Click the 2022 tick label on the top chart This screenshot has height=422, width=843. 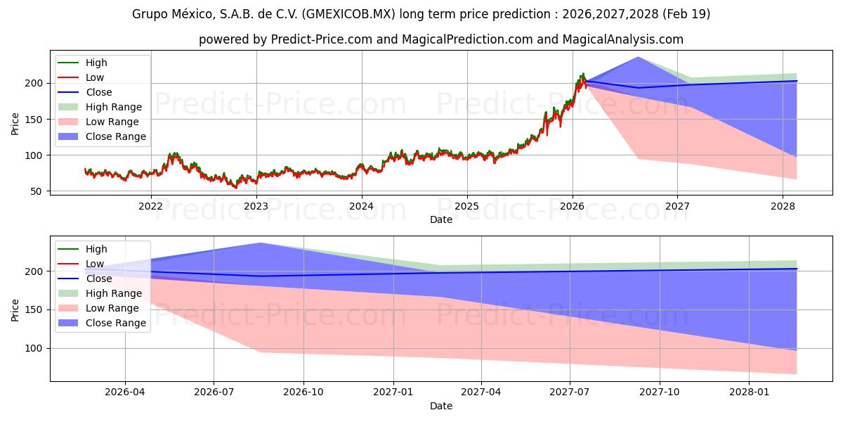coord(150,206)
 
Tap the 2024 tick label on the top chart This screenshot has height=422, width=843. coord(361,206)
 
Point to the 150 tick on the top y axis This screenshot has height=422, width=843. coord(36,119)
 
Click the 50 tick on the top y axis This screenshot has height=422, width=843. coord(39,191)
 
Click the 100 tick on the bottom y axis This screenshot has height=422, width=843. coord(36,349)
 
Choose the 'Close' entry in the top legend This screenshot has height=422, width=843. coord(99,92)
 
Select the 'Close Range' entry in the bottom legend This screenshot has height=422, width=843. coord(116,323)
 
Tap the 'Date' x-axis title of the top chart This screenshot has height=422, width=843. coord(441,219)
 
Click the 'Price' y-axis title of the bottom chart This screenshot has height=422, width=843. coord(15,309)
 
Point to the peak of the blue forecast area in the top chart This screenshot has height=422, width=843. coord(638,57)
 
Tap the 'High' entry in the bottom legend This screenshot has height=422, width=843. coord(97,249)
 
